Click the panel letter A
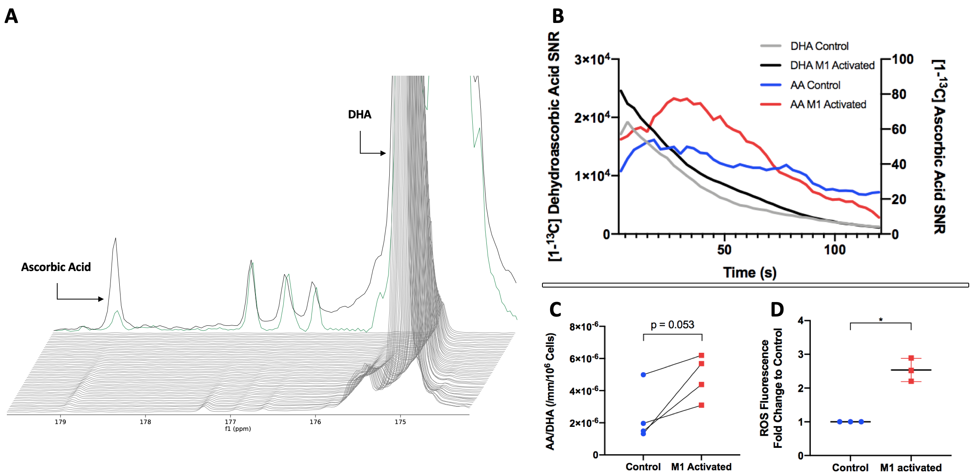pyautogui.click(x=11, y=16)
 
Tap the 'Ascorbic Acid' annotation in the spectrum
pyautogui.click(x=56, y=267)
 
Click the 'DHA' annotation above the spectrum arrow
pyautogui.click(x=359, y=115)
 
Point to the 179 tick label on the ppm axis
pyautogui.click(x=60, y=422)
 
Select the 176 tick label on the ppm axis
pyautogui.click(x=315, y=422)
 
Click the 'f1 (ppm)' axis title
pyautogui.click(x=238, y=429)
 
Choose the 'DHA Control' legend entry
pyautogui.click(x=819, y=46)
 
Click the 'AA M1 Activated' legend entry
pyautogui.click(x=828, y=105)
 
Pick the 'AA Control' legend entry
pyautogui.click(x=815, y=85)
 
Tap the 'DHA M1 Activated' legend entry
pyautogui.click(x=832, y=66)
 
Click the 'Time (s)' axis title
pyautogui.click(x=750, y=273)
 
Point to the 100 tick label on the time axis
pyautogui.click(x=835, y=250)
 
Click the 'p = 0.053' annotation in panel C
pyautogui.click(x=672, y=325)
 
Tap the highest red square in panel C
pyautogui.click(x=702, y=355)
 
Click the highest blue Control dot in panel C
pyautogui.click(x=643, y=375)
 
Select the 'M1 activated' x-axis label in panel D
pyautogui.click(x=911, y=468)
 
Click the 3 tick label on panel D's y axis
pyautogui.click(x=801, y=354)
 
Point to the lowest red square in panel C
pyautogui.click(x=702, y=405)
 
